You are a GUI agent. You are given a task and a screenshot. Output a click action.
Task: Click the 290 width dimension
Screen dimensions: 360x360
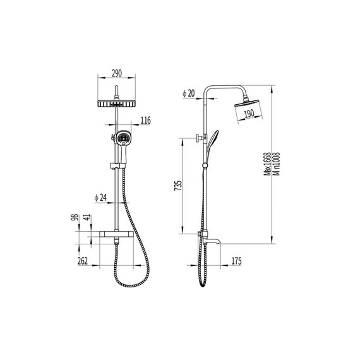(x=117, y=73)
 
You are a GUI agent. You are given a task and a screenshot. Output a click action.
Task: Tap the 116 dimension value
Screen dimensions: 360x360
(x=145, y=120)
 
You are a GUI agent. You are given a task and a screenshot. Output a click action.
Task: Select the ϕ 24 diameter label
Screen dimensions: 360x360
(x=100, y=198)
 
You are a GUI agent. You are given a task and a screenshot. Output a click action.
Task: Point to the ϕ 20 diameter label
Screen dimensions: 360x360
(x=188, y=93)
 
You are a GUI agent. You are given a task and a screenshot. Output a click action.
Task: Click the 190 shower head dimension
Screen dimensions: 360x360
(x=249, y=114)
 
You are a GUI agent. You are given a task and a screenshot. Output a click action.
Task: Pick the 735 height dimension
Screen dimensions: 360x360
(x=178, y=186)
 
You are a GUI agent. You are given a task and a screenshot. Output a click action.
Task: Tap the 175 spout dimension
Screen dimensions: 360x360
(x=236, y=261)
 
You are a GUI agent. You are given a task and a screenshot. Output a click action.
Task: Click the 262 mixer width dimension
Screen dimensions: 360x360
(x=83, y=261)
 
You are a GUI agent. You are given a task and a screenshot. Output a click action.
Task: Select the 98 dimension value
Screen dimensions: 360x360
(x=75, y=217)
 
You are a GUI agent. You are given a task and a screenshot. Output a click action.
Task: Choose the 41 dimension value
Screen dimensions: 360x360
(x=87, y=217)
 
